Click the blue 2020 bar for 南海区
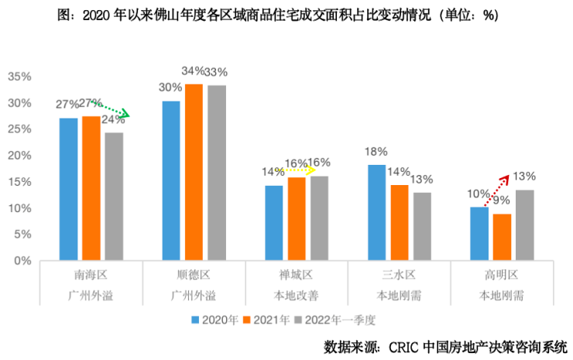click(68, 190)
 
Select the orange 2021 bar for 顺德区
click(194, 172)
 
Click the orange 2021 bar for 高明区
click(502, 237)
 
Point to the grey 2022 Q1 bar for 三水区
click(422, 226)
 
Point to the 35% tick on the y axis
click(19, 77)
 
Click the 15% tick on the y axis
click(19, 182)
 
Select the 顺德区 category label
click(194, 275)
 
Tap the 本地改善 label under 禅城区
click(297, 295)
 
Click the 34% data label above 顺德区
click(194, 71)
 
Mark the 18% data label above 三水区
click(377, 153)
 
